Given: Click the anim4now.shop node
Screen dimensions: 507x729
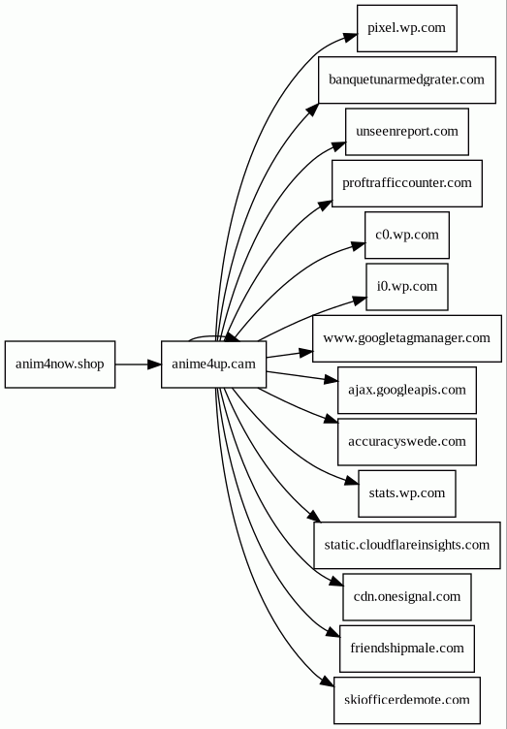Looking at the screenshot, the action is pyautogui.click(x=60, y=364).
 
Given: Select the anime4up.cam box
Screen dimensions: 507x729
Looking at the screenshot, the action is pyautogui.click(x=214, y=364).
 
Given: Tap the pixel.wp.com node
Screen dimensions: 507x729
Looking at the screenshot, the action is pyautogui.click(x=407, y=28).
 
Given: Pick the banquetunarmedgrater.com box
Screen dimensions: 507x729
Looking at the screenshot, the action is pyautogui.click(x=407, y=79).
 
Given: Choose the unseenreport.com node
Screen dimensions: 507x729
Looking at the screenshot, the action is pyautogui.click(x=407, y=132).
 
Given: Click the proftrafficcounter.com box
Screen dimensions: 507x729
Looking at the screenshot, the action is pyautogui.click(x=407, y=183).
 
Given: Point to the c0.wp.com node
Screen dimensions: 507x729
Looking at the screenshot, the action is pyautogui.click(x=407, y=235).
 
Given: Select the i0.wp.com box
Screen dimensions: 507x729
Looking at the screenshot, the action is pyautogui.click(x=407, y=286).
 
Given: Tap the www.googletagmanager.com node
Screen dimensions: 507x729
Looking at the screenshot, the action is pyautogui.click(x=407, y=338).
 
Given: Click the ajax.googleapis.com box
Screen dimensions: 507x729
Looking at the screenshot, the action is pyautogui.click(x=407, y=390).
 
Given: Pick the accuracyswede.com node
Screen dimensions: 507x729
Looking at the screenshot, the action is pyautogui.click(x=407, y=441).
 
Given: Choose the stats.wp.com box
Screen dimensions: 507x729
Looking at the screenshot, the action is pyautogui.click(x=407, y=493).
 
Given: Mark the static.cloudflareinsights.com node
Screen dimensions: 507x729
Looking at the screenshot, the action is pyautogui.click(x=407, y=545).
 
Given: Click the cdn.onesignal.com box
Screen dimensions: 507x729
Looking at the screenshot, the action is pyautogui.click(x=407, y=596).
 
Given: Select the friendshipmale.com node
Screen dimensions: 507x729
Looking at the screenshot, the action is pyautogui.click(x=407, y=649).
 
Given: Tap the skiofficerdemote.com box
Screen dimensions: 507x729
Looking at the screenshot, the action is pyautogui.click(x=407, y=700).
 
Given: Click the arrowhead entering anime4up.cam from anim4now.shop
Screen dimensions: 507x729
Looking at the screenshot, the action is pyautogui.click(x=154, y=364).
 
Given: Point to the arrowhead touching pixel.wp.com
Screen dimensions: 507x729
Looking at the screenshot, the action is pyautogui.click(x=350, y=37).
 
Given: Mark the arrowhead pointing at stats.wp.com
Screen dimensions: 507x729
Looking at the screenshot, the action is pyautogui.click(x=352, y=481).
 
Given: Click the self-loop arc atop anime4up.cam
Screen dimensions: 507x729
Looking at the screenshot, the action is pyautogui.click(x=209, y=336).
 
